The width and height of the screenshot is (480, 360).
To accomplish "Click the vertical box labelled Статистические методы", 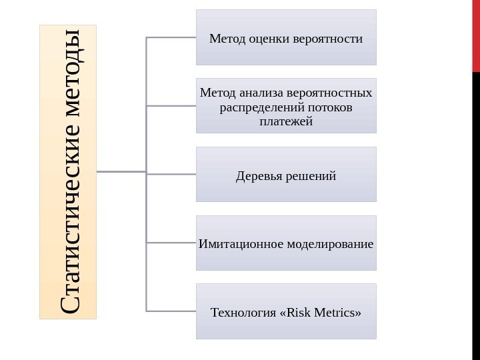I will [x=68, y=171].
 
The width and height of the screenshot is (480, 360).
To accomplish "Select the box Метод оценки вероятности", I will [x=286, y=37].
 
